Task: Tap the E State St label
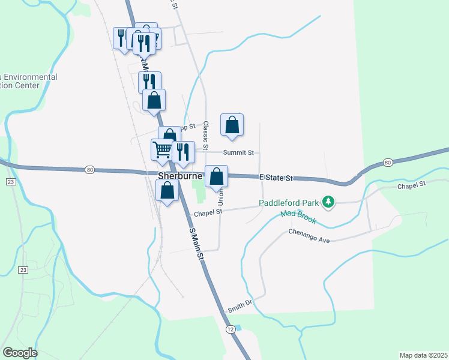(x=276, y=178)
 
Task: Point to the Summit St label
(x=238, y=153)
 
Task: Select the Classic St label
(x=205, y=136)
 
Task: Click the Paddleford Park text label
(x=288, y=203)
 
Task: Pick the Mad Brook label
(x=297, y=214)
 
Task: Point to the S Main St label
(x=197, y=244)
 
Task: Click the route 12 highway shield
(x=231, y=329)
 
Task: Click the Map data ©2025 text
(x=423, y=355)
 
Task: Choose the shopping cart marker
(x=162, y=150)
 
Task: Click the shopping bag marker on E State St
(x=217, y=176)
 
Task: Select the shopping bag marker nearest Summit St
(x=232, y=125)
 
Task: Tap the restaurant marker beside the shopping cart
(x=183, y=152)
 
